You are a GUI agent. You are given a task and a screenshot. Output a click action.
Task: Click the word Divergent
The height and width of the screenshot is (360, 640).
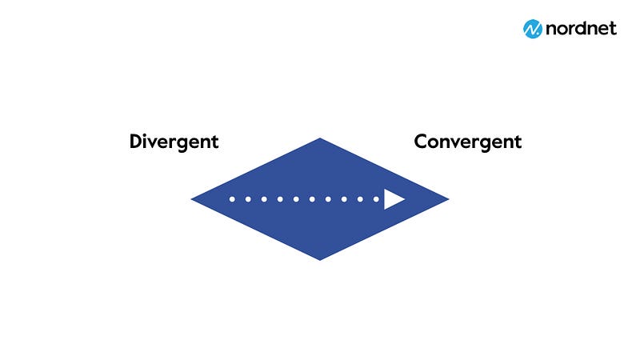tap(174, 142)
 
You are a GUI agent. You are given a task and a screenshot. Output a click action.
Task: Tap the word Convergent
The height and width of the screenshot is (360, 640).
tap(468, 142)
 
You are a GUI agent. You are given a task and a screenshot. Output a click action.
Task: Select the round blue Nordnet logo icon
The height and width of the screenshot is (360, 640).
tap(533, 29)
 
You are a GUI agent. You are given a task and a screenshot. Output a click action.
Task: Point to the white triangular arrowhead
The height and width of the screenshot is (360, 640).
tap(394, 199)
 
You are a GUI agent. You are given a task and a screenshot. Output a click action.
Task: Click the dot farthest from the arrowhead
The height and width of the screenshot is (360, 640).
tap(232, 199)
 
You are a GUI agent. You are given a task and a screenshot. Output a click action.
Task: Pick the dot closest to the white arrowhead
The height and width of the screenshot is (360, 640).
tap(376, 199)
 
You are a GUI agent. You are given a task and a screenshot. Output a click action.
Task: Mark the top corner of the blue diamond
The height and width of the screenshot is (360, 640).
tap(320, 138)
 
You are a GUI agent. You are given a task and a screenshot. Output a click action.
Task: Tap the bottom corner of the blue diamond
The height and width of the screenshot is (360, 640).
tap(320, 261)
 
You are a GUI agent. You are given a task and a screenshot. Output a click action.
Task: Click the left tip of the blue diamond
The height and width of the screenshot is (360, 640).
tap(191, 199)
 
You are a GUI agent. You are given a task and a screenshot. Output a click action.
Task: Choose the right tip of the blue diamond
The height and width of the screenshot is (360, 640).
tap(449, 199)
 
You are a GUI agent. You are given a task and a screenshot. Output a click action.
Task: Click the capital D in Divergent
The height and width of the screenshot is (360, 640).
tap(136, 142)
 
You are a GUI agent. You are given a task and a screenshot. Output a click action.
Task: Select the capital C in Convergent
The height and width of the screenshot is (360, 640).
tap(421, 142)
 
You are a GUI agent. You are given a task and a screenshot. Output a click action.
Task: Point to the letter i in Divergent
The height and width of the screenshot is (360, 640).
tap(147, 141)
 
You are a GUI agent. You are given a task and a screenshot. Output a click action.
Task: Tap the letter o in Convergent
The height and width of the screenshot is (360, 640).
tap(435, 143)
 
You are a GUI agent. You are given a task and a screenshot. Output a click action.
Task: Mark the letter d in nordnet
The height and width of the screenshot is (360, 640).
tap(578, 28)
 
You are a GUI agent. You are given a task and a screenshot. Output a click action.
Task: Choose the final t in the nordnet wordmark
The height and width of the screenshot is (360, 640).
tap(613, 29)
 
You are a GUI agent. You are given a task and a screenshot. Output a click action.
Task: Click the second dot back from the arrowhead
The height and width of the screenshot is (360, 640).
tap(360, 199)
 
